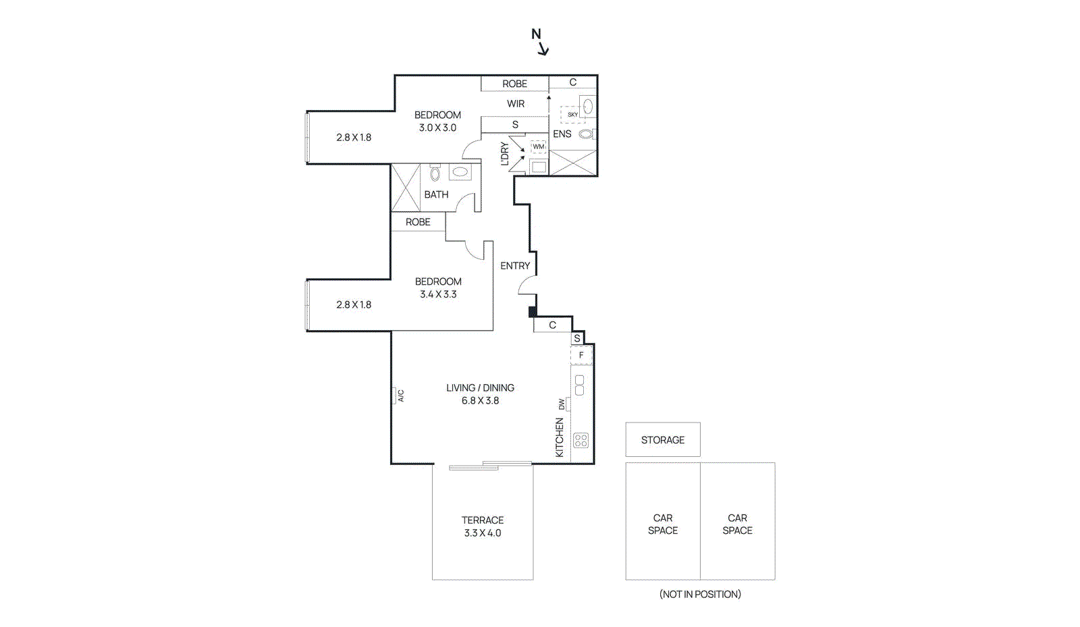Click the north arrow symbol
[x=540, y=42]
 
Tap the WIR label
[x=516, y=104]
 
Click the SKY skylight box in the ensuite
[x=572, y=115]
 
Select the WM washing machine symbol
[x=539, y=146]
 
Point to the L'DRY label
[x=505, y=154]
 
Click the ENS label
[x=562, y=134]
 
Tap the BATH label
[x=436, y=194]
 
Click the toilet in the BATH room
[x=435, y=173]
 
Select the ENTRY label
[x=515, y=266]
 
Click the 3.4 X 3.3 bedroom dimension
[x=438, y=294]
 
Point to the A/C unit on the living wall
[x=396, y=396]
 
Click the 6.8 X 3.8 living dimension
[x=480, y=400]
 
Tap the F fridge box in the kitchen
[x=581, y=355]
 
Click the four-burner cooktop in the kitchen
[x=580, y=441]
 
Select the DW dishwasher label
[x=562, y=404]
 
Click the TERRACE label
[x=483, y=520]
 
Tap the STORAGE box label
[x=662, y=440]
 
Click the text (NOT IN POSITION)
[x=700, y=594]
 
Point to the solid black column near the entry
[x=533, y=311]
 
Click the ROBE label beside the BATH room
[x=418, y=222]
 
